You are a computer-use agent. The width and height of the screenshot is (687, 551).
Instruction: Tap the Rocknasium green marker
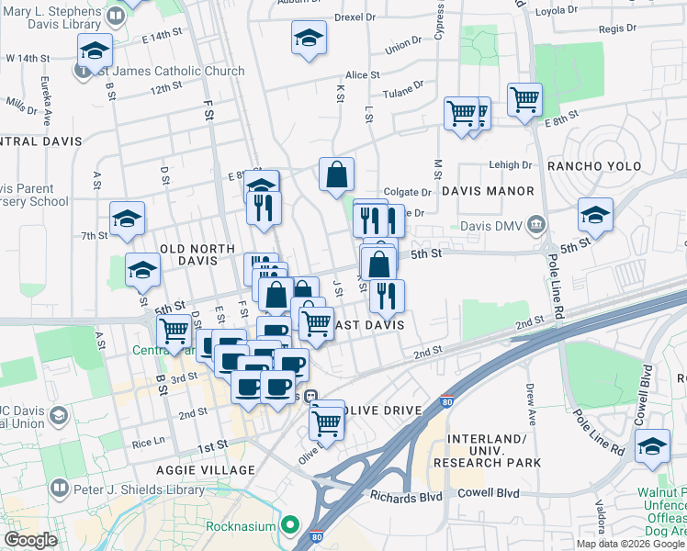tap(291, 525)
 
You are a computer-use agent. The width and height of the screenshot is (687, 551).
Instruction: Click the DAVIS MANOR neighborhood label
tap(487, 191)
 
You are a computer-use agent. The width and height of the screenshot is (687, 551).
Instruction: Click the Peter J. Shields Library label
tap(132, 487)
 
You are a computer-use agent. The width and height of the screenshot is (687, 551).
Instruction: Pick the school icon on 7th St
tap(128, 219)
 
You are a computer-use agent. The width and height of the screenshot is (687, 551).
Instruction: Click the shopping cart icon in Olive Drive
tap(327, 422)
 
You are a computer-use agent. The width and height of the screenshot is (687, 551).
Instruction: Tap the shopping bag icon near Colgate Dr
tap(337, 174)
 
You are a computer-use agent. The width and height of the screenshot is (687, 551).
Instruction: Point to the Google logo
tap(30, 540)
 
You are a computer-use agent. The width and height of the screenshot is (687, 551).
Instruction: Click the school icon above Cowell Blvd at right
tap(653, 446)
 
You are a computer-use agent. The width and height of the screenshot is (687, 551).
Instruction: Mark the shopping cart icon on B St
tap(173, 332)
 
